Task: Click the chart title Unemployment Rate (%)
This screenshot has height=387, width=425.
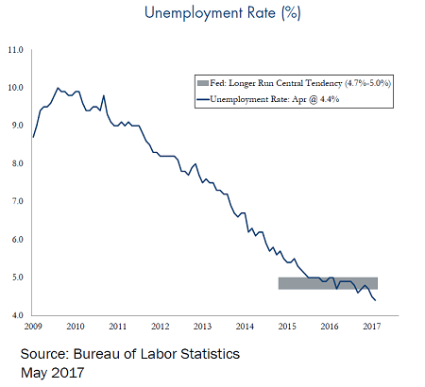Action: (x=223, y=13)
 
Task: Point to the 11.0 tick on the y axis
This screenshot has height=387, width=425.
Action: (x=16, y=50)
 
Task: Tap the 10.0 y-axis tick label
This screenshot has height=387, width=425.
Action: (x=16, y=88)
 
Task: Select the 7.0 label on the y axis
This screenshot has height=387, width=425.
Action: (x=18, y=201)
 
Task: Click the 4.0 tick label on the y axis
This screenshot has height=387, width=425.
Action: (x=18, y=315)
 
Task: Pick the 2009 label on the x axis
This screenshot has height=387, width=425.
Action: (x=33, y=327)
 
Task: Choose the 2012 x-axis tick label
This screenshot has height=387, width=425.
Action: (x=161, y=327)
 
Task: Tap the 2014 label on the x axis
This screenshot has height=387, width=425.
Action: (x=245, y=327)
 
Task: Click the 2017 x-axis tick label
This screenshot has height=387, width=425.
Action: (x=372, y=327)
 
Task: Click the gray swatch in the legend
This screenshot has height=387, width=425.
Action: (x=203, y=83)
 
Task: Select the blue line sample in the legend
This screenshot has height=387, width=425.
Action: (x=203, y=99)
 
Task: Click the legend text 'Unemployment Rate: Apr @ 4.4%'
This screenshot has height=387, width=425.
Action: (x=275, y=99)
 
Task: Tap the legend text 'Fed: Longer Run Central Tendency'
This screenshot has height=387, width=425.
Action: (x=276, y=83)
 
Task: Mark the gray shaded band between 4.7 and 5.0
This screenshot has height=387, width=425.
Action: (x=328, y=283)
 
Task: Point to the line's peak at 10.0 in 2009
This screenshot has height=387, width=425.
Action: (x=58, y=88)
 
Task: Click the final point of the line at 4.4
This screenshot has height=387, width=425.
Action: (x=375, y=300)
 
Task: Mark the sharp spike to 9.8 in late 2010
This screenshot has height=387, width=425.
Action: (x=104, y=95)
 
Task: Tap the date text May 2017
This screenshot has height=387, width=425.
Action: (x=53, y=373)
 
